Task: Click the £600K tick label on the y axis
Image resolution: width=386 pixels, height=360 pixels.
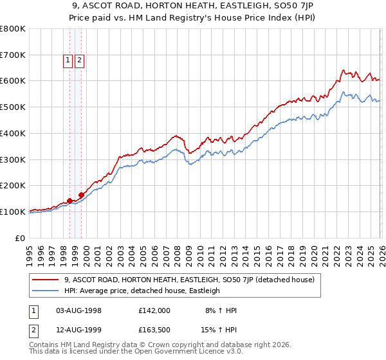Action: [13, 81]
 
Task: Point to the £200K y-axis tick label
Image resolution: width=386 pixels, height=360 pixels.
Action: [13, 185]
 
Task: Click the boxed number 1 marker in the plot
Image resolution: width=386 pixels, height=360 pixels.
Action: [68, 61]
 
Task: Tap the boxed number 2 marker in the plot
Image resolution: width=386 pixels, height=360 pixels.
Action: [80, 61]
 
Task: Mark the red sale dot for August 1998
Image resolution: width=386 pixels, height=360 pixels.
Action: [69, 201]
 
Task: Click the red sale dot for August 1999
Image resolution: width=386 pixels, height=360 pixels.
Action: [82, 195]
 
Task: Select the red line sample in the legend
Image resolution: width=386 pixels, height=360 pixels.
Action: [46, 280]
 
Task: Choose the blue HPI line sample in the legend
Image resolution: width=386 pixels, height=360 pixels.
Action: [46, 291]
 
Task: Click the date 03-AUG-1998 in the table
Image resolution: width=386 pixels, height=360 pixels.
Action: [79, 310]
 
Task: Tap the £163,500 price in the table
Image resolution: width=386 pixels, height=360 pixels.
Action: [154, 330]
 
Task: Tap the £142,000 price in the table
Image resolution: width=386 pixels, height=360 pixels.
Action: [154, 310]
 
